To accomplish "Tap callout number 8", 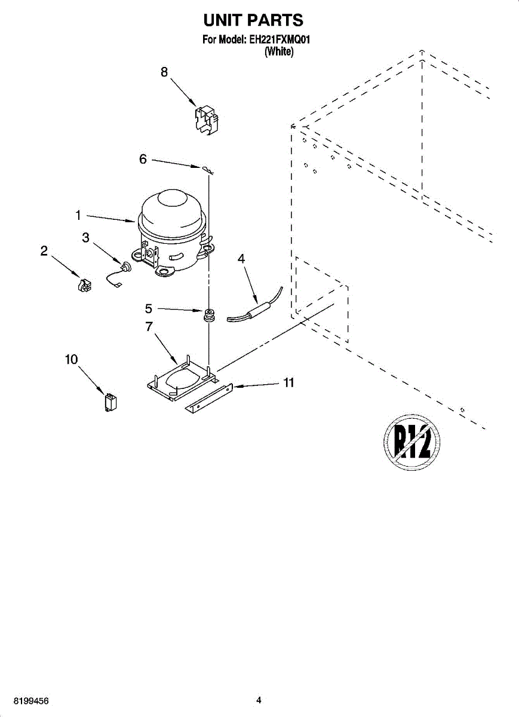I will pos(164,72).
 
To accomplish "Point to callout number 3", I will pos(86,237).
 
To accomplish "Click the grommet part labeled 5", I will pos(209,314).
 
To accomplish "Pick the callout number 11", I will pos(289,383).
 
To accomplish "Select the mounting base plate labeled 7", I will pos(179,380).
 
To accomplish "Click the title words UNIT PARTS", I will pos(253,20).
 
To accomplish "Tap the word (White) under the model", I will pos(279,52).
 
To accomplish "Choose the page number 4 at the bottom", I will pos(259,700).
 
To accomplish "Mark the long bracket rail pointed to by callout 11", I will pos(209,397).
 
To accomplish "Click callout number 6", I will pos(143,160).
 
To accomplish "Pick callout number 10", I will pos(71,359).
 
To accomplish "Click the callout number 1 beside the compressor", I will pos(78,213).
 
